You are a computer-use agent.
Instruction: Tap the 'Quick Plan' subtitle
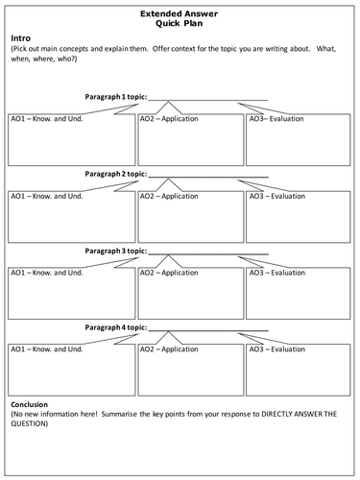(x=180, y=27)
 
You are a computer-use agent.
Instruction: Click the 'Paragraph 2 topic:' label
(x=116, y=174)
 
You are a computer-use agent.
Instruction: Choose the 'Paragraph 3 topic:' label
(x=116, y=250)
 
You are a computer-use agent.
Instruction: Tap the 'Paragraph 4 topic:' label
(x=116, y=325)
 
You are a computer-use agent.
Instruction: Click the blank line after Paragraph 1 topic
(x=208, y=99)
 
